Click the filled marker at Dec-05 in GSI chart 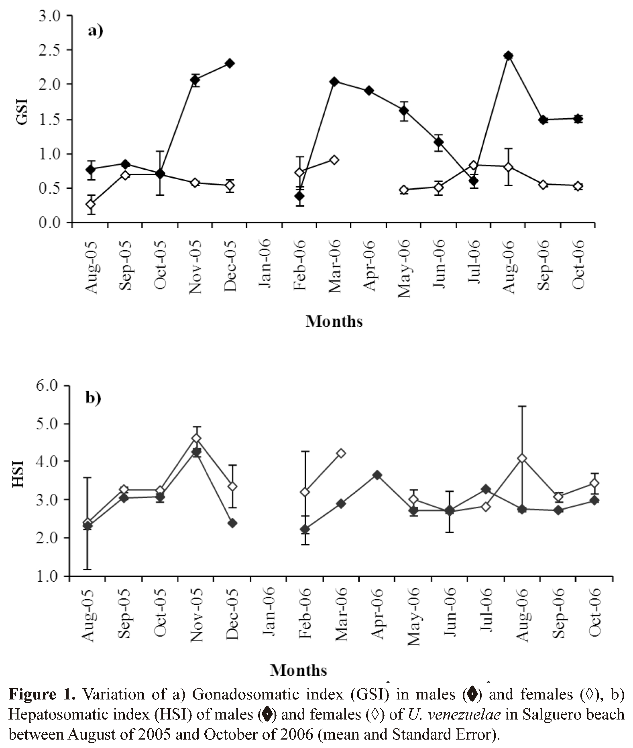pos(230,63)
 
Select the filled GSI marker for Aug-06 pos(509,56)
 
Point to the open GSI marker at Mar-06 pos(334,160)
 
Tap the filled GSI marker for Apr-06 pos(369,91)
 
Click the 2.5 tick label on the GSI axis pos(50,50)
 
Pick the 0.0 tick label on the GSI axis pos(50,223)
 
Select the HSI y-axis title pos(18,474)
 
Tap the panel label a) pos(96,31)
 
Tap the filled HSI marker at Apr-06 pos(377,475)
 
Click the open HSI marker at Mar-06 pos(341,453)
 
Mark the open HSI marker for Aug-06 pos(522,458)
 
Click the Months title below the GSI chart pos(334,321)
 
